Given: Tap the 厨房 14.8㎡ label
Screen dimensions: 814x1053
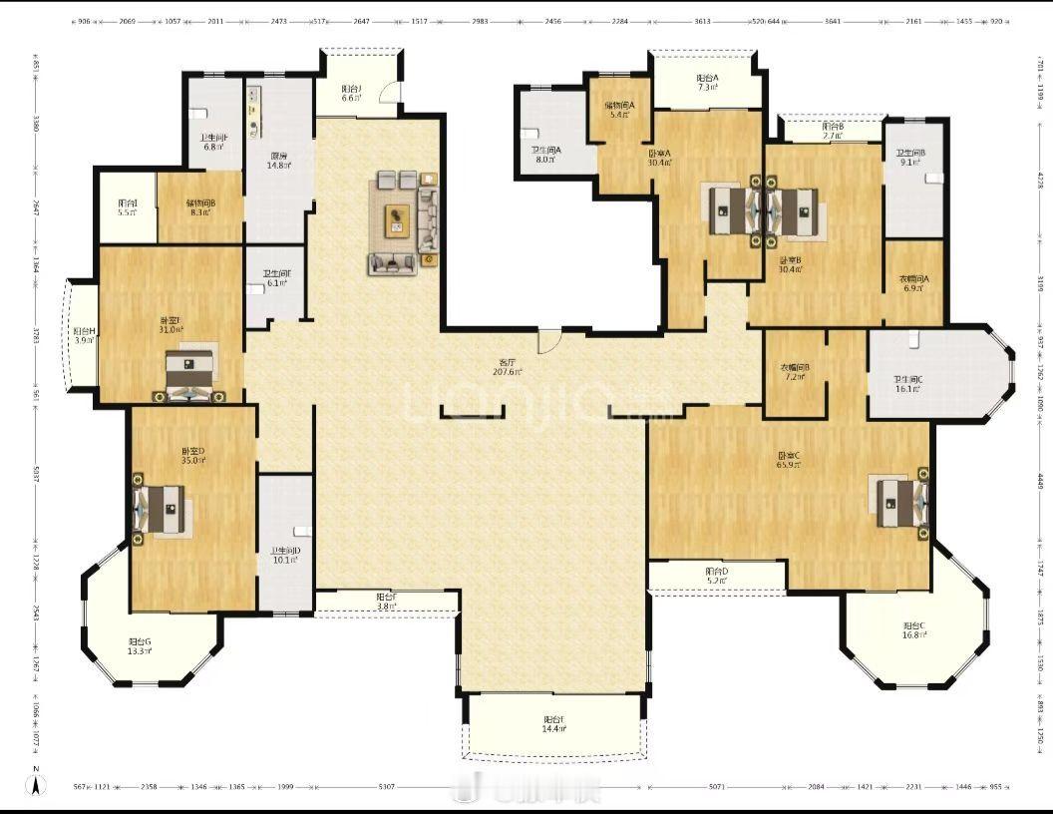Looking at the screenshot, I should (279, 161).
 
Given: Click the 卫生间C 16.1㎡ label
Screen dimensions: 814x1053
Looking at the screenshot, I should (906, 384).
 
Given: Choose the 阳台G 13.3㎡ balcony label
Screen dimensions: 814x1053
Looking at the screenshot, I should (140, 646).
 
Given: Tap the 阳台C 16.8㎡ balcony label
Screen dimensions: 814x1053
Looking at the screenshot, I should (913, 631).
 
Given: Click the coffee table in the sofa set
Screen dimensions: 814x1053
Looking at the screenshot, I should (399, 218).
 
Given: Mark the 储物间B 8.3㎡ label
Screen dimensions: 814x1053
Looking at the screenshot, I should (200, 207).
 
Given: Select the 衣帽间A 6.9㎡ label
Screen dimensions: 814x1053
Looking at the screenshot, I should (912, 283).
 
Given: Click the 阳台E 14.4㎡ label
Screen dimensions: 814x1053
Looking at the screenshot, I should (554, 724).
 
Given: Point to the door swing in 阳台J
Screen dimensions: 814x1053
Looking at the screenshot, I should (393, 103).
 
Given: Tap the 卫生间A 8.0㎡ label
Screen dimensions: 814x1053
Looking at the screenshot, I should (545, 155).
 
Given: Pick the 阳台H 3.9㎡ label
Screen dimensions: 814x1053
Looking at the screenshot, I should (84, 335).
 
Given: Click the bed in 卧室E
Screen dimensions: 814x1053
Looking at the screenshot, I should (188, 374).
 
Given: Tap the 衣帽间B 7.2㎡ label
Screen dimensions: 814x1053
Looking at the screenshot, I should (794, 372).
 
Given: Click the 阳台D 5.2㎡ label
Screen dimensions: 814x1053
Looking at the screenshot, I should (717, 576).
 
